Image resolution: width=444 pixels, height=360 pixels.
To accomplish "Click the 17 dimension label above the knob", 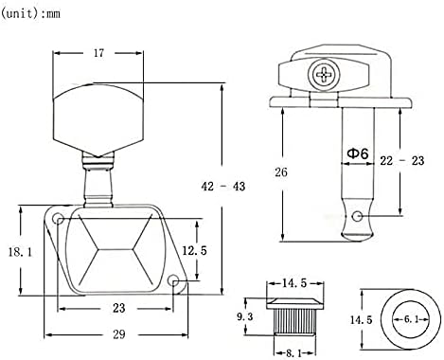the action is (x=98, y=53).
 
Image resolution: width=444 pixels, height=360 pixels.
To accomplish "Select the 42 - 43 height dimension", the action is (x=223, y=187).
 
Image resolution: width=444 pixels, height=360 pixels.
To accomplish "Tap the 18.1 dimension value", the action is (x=20, y=252).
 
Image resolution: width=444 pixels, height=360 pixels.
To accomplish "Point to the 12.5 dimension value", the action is (x=195, y=250).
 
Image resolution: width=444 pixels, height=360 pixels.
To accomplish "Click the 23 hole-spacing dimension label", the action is (x=119, y=308).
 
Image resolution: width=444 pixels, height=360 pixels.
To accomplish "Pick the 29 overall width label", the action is (x=119, y=334).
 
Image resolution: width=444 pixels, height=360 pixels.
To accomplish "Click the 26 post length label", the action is (x=281, y=172).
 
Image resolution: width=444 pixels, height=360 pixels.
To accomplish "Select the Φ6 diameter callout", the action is (x=358, y=153).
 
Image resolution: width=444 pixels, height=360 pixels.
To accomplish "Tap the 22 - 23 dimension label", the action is (x=402, y=161).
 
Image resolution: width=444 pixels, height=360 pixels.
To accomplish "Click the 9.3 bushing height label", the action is (x=245, y=316).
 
